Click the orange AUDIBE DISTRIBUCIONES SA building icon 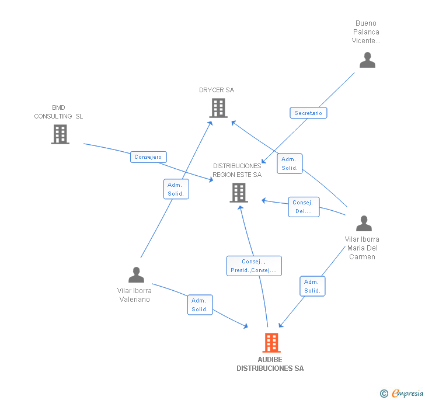point(271,343)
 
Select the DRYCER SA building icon point(218,108)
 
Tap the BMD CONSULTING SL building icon point(60,134)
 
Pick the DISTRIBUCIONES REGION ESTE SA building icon point(238,193)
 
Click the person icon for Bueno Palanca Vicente point(367,60)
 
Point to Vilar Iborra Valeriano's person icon point(136,274)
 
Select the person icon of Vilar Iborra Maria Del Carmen point(364,224)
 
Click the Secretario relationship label point(308,113)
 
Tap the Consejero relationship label point(148,157)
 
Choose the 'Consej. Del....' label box point(304,207)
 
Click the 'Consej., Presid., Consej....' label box point(254,266)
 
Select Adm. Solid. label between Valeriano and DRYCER point(176,189)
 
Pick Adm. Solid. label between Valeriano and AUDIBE point(200,305)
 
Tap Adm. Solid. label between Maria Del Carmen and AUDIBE point(312,286)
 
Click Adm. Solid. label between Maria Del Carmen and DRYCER point(290,164)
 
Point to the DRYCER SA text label point(217,91)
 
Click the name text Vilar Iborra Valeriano point(135,295)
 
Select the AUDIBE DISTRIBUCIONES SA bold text point(270,364)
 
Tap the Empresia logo point(407,394)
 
